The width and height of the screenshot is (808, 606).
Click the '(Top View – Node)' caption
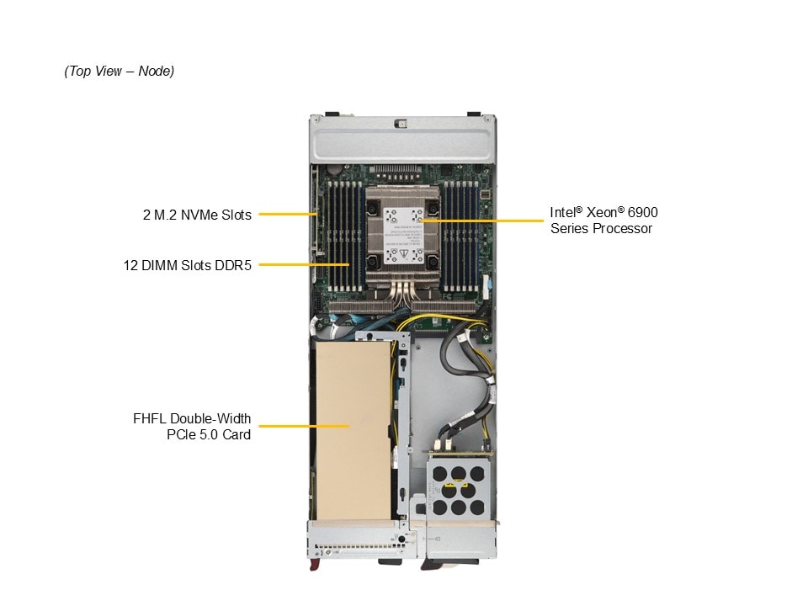tap(119, 71)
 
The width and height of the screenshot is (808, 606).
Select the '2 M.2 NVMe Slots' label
tap(197, 215)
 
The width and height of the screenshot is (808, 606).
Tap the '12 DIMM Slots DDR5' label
tap(188, 265)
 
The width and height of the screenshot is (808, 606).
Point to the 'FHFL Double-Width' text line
tap(192, 418)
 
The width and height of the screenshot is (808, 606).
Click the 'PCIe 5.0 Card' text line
tap(209, 434)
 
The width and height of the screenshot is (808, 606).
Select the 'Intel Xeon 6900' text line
tap(604, 212)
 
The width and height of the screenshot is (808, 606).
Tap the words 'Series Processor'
tap(601, 228)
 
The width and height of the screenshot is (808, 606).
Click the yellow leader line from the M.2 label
tap(288, 214)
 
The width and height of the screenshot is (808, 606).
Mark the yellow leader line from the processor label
tap(481, 221)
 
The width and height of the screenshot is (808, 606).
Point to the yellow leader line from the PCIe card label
tap(304, 426)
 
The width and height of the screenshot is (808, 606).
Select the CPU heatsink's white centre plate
tap(403, 236)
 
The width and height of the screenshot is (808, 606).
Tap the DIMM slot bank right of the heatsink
tap(460, 236)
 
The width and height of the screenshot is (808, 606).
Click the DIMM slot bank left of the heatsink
tap(346, 236)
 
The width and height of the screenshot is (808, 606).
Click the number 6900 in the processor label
tap(642, 212)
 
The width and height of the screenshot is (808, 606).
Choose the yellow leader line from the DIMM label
tap(304, 264)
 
